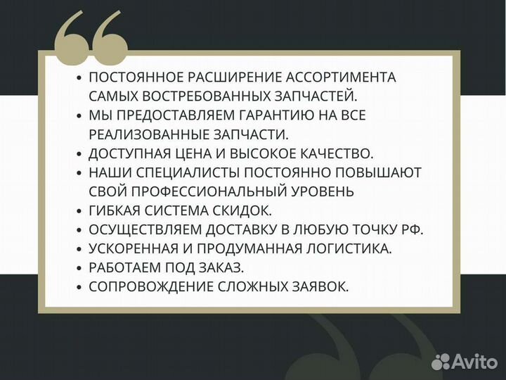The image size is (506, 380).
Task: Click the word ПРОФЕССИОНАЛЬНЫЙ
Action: tap(201, 191)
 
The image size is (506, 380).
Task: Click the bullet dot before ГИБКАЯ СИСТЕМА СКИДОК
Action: tap(79, 210)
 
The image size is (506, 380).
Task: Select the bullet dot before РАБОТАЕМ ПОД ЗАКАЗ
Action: tap(79, 267)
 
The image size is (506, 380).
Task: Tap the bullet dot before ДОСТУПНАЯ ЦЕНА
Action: tap(79, 153)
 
